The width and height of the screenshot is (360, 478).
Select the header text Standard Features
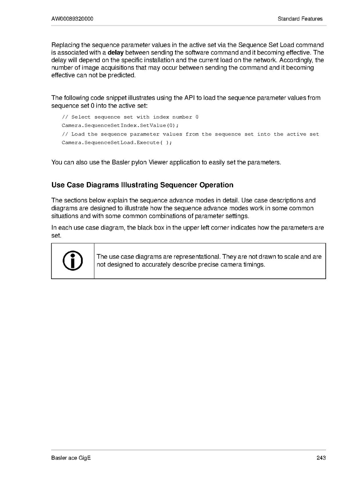(300, 19)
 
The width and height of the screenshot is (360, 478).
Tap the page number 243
(321, 458)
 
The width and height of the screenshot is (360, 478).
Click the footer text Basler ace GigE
(71, 458)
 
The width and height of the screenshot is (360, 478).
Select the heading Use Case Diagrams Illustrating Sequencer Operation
(142, 185)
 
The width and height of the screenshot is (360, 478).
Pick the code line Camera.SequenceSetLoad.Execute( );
(117, 143)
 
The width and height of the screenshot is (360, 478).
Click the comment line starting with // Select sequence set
(130, 117)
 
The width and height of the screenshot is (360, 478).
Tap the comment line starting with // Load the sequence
(190, 134)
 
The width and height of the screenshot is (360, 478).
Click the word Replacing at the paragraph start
(65, 45)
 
